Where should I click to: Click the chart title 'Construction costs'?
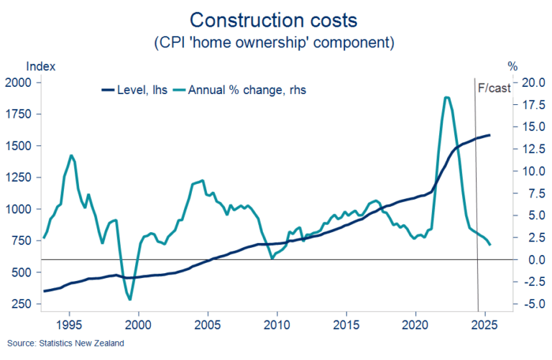click(275, 17)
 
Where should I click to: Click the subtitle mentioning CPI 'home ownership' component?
click(275, 42)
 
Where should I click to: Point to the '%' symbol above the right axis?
click(512, 66)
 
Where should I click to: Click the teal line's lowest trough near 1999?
click(129, 300)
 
